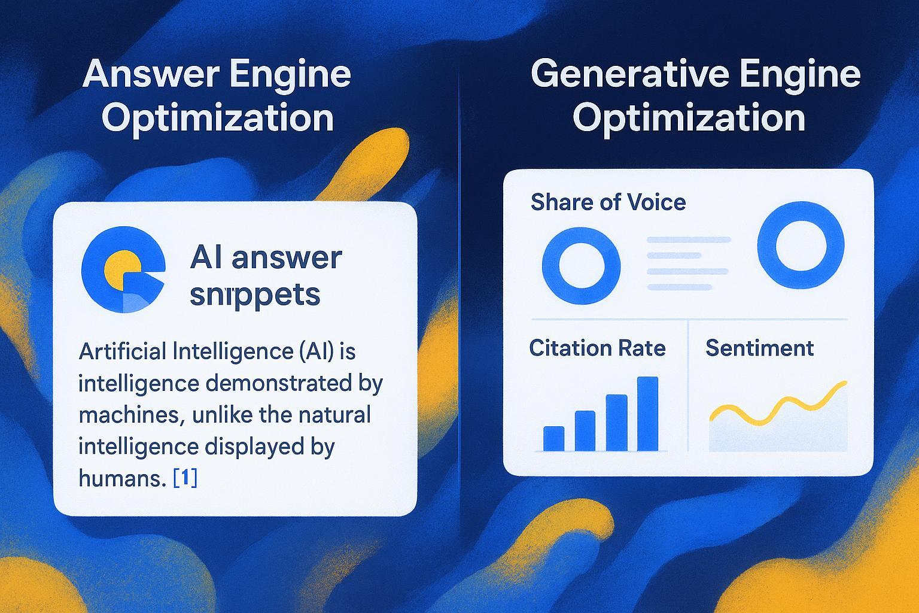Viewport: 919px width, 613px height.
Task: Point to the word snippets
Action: pos(255,295)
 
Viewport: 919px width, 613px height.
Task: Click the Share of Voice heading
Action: pos(608,202)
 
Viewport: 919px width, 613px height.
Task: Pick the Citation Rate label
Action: pos(597,348)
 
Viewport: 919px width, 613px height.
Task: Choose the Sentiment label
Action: pos(759,348)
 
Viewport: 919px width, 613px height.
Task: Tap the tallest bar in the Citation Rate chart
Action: pos(647,413)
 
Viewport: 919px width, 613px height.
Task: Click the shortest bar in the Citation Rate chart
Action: pos(553,438)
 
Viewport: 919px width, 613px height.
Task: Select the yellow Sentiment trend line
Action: pos(778,407)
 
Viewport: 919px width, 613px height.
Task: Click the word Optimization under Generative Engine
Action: pos(689,118)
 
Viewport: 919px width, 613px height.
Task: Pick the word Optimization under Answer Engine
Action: pos(217,118)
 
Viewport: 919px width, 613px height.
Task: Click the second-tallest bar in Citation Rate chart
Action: pos(616,422)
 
